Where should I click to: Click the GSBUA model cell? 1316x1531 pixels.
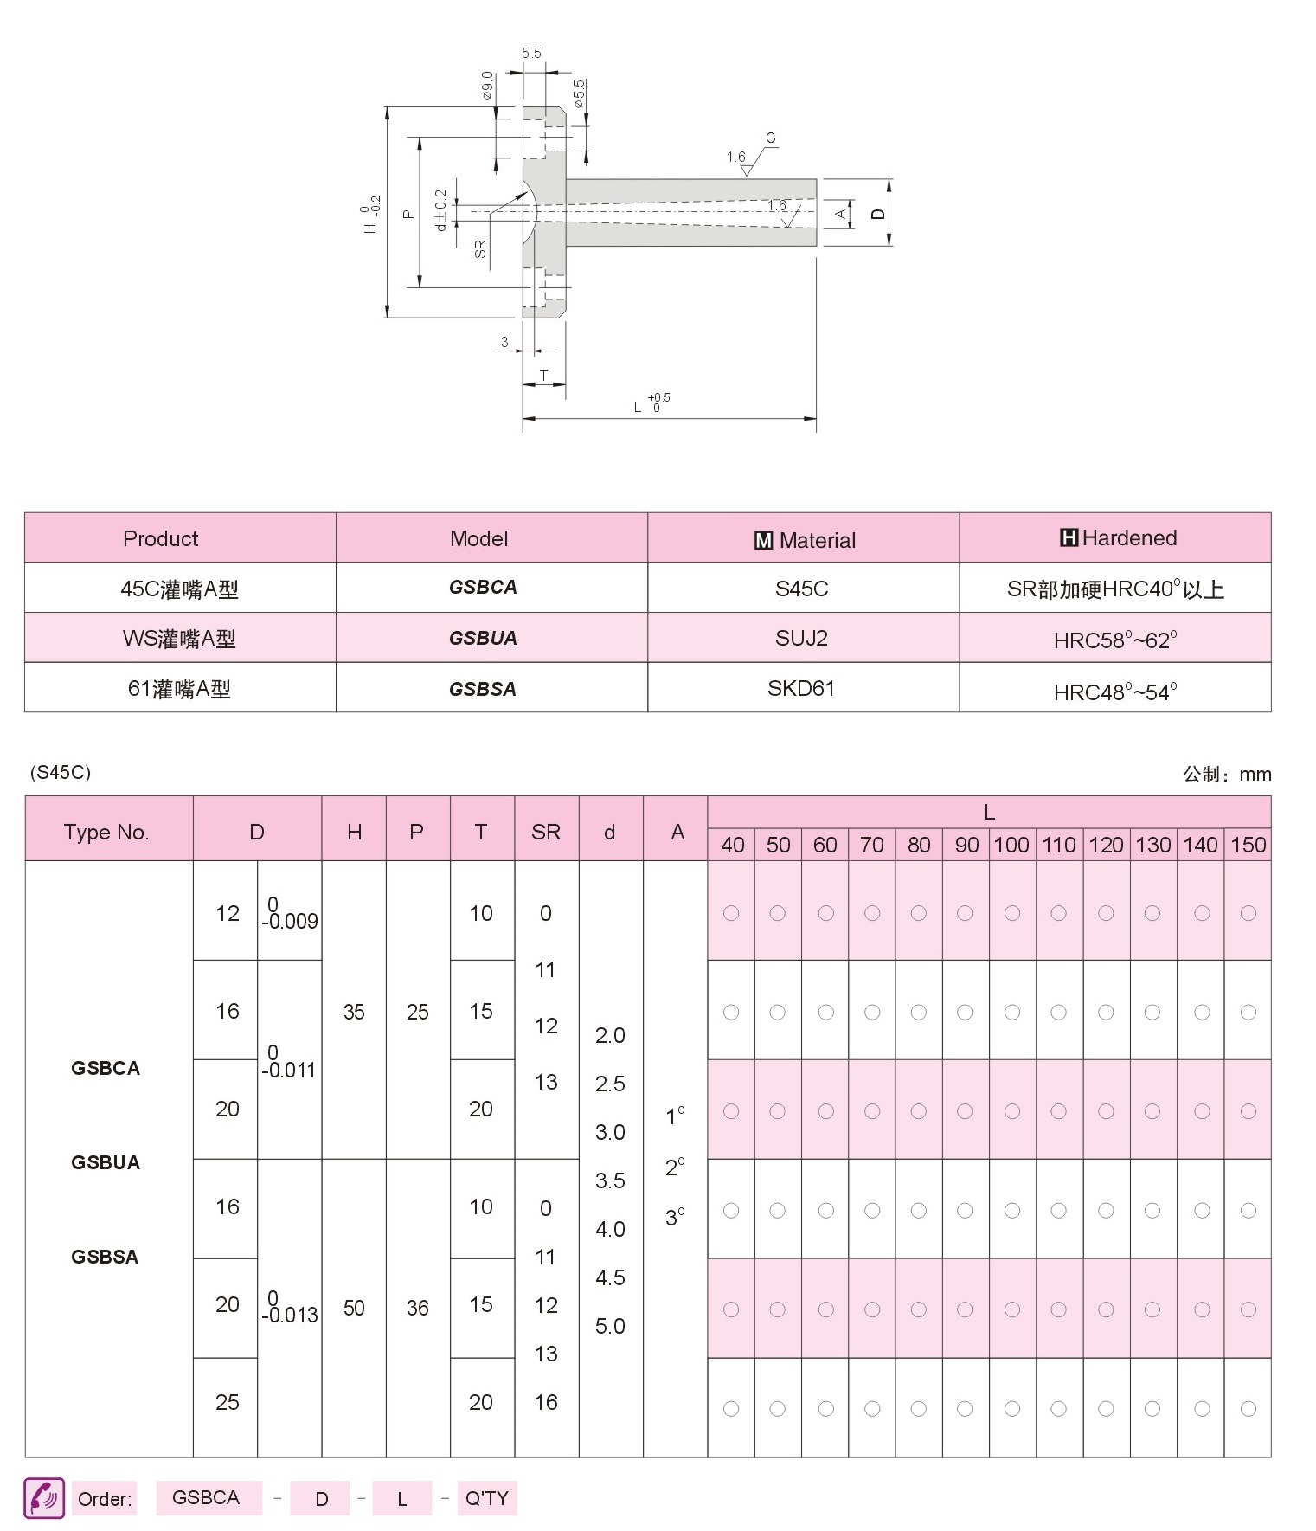[x=483, y=638]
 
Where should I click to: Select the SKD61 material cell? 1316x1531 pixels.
[x=801, y=688]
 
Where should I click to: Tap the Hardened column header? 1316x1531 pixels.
[x=1117, y=538]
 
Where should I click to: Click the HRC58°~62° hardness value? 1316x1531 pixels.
[x=1114, y=640]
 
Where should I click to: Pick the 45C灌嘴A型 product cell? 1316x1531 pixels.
[x=179, y=589]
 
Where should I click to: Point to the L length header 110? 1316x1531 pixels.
[x=1058, y=845]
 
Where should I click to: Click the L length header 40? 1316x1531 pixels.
[x=732, y=845]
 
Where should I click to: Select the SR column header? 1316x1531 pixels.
[x=546, y=832]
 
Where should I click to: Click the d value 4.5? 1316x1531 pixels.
[x=610, y=1277]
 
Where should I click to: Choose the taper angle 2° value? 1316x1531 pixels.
[x=675, y=1168]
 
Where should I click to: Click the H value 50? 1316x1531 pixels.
[x=354, y=1308]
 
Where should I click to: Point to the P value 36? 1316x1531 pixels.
[x=417, y=1308]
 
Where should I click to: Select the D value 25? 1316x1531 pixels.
[x=227, y=1402]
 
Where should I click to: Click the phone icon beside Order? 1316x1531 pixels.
[x=44, y=1498]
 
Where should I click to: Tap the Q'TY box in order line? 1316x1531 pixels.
[x=486, y=1498]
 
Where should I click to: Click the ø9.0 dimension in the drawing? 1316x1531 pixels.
[x=487, y=85]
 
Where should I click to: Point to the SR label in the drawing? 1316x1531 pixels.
[x=480, y=249]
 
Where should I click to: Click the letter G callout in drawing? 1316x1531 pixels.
[x=770, y=138]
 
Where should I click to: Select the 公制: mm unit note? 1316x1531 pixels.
[x=1227, y=774]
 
